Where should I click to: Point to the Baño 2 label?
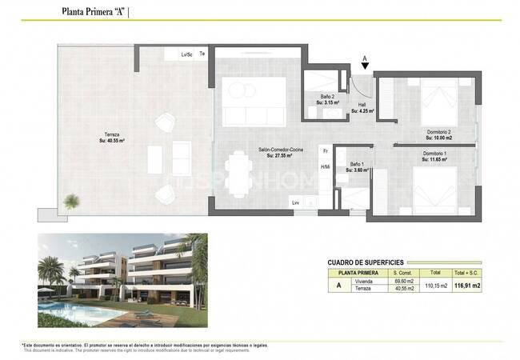point(328,99)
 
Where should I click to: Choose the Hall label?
point(362,106)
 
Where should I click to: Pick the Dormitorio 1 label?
point(434,156)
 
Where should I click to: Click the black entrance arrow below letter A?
point(366,69)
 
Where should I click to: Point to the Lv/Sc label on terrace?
point(187,54)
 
